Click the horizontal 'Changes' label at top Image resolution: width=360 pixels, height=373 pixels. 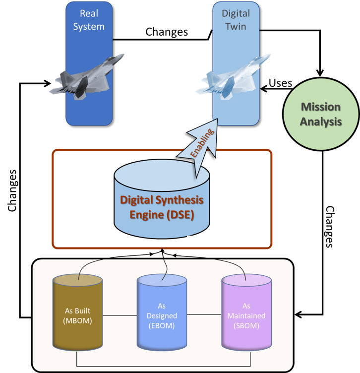click(x=167, y=32)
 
